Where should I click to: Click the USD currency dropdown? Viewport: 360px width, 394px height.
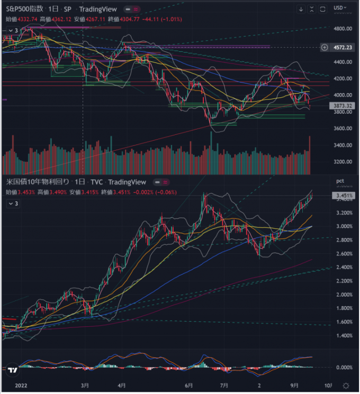click(340, 8)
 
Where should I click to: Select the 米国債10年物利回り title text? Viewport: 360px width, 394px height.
click(38, 182)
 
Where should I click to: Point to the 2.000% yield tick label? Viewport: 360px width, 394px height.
click(344, 295)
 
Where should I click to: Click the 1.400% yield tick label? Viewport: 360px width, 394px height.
click(344, 335)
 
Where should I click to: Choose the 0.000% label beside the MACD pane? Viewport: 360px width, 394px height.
click(344, 368)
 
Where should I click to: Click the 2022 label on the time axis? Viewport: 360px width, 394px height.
click(21, 386)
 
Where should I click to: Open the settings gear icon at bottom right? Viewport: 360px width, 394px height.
click(346, 386)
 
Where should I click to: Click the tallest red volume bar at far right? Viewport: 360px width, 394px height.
click(310, 155)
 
